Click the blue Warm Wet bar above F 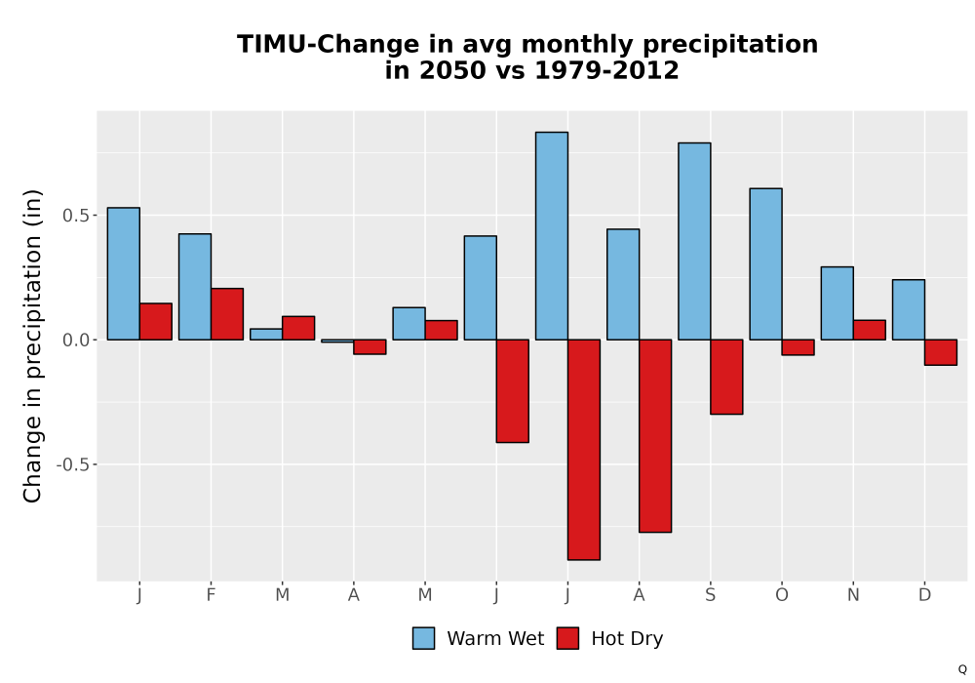(195, 287)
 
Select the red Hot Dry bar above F (227, 314)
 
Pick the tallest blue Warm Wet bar (552, 236)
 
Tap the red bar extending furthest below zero (584, 450)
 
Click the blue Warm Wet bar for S (694, 241)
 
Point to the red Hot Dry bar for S (727, 377)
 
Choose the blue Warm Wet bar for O (766, 263)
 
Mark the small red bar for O (799, 347)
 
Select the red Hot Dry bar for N (870, 330)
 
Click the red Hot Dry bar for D (941, 352)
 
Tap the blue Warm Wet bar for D (909, 309)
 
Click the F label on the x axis (211, 595)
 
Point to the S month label (710, 595)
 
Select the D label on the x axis (924, 595)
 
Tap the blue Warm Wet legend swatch (423, 638)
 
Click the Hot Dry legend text (627, 639)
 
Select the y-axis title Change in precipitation (32, 345)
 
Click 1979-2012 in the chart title (606, 70)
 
